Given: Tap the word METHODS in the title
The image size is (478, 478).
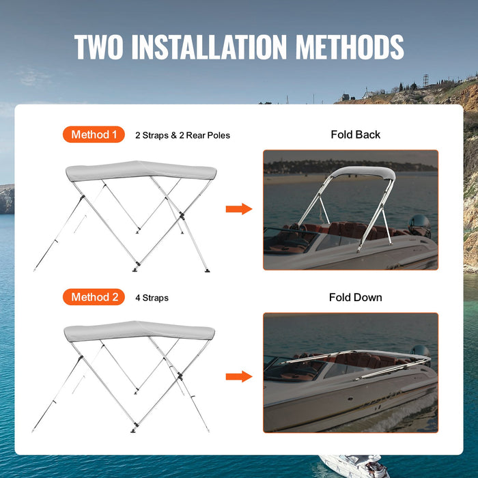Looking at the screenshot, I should pos(349,46).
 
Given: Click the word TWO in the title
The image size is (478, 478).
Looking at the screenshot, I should pos(100,46).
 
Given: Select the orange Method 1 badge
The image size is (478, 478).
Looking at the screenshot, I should pos(94,135).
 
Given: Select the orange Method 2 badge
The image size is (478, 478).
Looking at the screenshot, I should pos(94,297).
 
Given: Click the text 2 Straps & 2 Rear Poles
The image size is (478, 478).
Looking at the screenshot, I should pos(182,135).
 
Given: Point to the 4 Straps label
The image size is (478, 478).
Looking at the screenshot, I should pos(152,298).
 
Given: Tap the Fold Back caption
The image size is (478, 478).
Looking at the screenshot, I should pos(355,135).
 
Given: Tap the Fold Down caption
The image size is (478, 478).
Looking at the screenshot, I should pos(355,297).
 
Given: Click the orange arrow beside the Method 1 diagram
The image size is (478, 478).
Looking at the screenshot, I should pos(239,208).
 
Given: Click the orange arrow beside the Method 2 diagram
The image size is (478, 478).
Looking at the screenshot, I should pos(239,376).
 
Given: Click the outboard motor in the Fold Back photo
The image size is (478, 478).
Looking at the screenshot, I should pos(419,225).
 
